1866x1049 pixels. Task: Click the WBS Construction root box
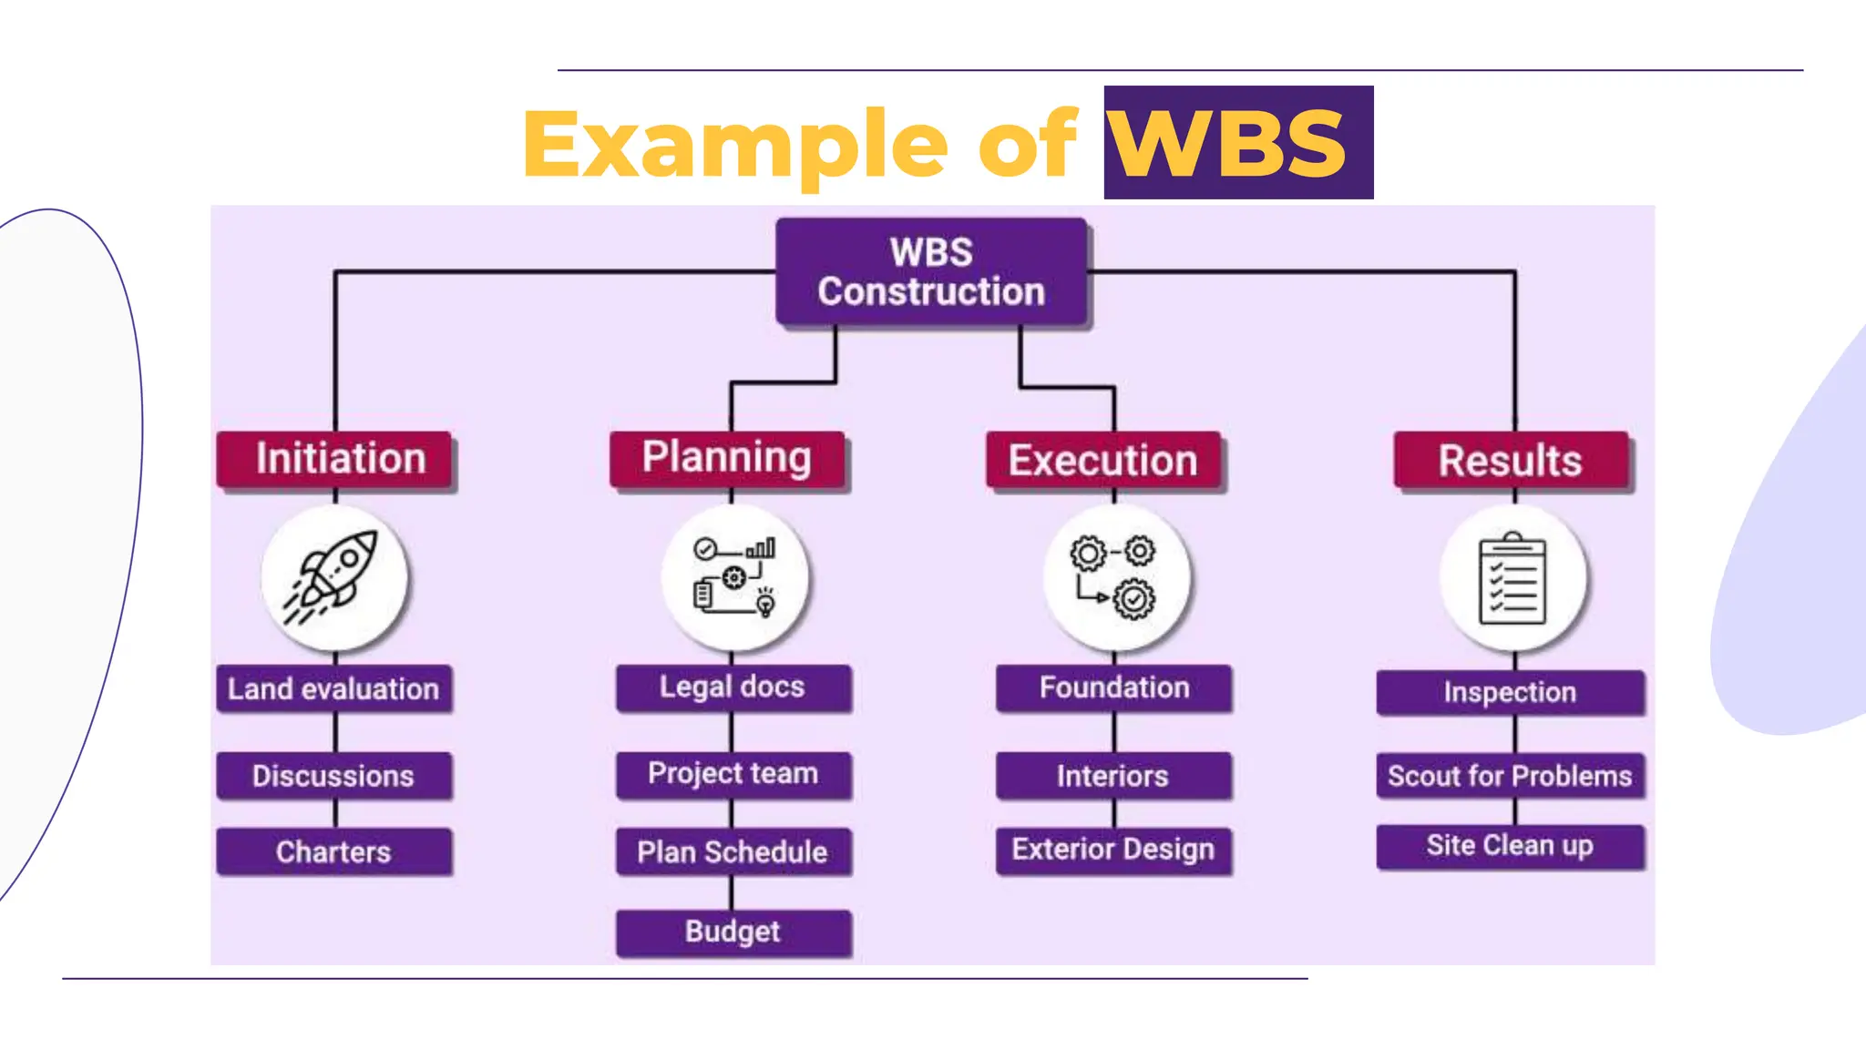[x=931, y=272]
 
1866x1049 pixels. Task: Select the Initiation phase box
[x=335, y=459]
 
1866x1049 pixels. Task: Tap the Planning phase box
[x=727, y=458]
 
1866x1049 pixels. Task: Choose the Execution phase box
[x=1103, y=460]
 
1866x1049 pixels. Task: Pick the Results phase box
[x=1512, y=460]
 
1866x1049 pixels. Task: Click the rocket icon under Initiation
[x=333, y=578]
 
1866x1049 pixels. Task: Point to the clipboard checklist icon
[x=1513, y=578]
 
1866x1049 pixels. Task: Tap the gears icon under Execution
[x=1114, y=578]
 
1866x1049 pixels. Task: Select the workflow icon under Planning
[x=734, y=576]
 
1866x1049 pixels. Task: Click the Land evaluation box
[x=333, y=689]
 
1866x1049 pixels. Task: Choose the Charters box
[x=333, y=851]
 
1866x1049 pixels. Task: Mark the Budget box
[x=733, y=932]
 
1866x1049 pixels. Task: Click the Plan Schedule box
[x=733, y=851]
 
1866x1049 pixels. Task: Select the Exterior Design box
[x=1113, y=850]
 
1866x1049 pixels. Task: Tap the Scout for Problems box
[x=1510, y=776]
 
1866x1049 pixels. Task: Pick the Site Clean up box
[x=1510, y=846]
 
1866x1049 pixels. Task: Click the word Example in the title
[x=734, y=144]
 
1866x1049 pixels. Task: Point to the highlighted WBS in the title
[x=1230, y=143]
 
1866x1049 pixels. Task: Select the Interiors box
[x=1113, y=776]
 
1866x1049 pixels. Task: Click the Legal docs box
[x=733, y=687]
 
